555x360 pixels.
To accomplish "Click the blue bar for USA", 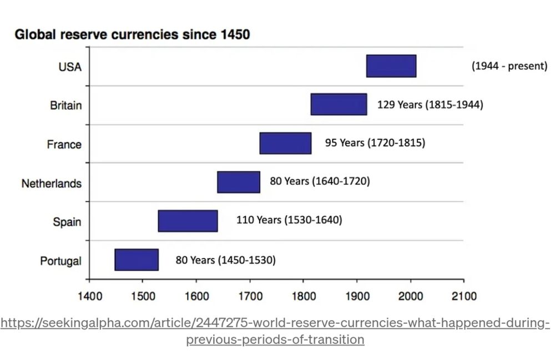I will point(391,66).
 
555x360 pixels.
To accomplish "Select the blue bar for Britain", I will point(339,104).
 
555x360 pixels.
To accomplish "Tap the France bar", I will point(285,143).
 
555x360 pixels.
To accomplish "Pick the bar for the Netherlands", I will point(238,182).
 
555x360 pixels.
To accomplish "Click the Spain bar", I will point(188,221).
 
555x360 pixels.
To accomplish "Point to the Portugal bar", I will point(137,260).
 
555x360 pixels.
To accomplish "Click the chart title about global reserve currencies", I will point(132,34).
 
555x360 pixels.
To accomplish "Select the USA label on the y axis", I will point(70,67).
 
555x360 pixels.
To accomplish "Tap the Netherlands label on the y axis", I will point(52,183).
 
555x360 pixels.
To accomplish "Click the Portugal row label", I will point(60,261).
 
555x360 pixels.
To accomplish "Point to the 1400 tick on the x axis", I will point(89,296).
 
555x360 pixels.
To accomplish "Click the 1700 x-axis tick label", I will point(250,296).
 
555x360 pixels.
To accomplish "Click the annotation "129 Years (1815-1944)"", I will point(430,104).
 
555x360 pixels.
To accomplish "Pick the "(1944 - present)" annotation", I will point(509,66).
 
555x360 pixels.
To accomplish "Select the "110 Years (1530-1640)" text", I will point(289,220).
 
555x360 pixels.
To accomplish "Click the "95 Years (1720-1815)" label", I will point(375,143).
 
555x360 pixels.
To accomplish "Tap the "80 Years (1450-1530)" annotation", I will point(225,260).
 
